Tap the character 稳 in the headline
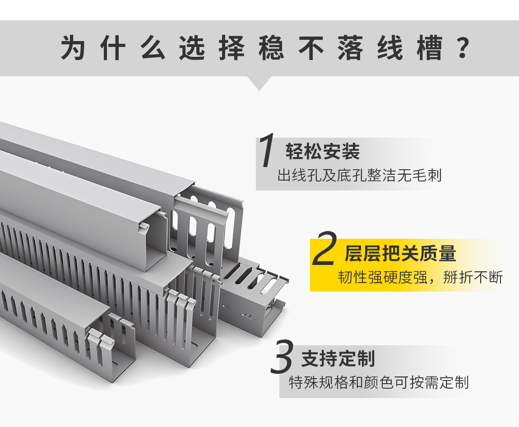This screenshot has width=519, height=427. tap(271, 48)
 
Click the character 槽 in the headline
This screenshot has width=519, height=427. tap(430, 48)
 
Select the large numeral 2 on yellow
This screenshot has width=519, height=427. tap(324, 249)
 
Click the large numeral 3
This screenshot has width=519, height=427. tap(281, 357)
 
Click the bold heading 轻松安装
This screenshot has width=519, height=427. tap(322, 152)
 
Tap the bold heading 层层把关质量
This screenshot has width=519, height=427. tap(400, 253)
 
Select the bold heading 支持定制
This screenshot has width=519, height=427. tap(338, 358)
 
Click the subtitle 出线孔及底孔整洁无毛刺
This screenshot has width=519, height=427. tap(359, 175)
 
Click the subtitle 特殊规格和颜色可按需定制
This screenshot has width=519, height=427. tap(379, 382)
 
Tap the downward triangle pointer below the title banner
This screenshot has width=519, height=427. tap(259, 83)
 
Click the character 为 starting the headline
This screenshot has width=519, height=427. tap(73, 48)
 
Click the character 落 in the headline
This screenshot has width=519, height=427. tap(351, 48)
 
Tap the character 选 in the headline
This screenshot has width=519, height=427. tap(192, 48)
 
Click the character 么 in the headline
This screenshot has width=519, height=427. tap(153, 48)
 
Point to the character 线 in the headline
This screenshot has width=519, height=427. tap(390, 48)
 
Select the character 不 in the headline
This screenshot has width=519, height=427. tap(311, 48)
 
